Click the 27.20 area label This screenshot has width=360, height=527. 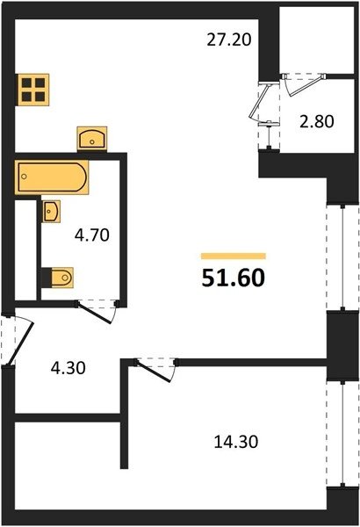pyautogui.click(x=228, y=40)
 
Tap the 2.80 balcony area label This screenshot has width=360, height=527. pyautogui.click(x=317, y=121)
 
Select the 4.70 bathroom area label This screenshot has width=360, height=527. pyautogui.click(x=92, y=235)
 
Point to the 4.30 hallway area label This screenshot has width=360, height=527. pyautogui.click(x=68, y=368)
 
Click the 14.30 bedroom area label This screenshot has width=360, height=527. pyautogui.click(x=236, y=442)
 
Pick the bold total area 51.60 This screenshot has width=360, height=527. pyautogui.click(x=234, y=278)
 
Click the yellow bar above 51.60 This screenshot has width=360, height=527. pyautogui.click(x=234, y=256)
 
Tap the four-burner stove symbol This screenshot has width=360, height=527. pyautogui.click(x=33, y=89)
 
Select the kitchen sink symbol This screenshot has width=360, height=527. pyautogui.click(x=92, y=139)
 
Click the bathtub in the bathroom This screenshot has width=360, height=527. pyautogui.click(x=52, y=177)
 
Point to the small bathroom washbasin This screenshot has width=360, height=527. pyautogui.click(x=52, y=211)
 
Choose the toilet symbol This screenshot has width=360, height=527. pyautogui.click(x=61, y=278)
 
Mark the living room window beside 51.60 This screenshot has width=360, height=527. pyautogui.click(x=342, y=257)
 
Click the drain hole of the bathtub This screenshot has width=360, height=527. pyautogui.click(x=24, y=177)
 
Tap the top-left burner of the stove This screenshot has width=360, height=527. pyautogui.click(x=26, y=83)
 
